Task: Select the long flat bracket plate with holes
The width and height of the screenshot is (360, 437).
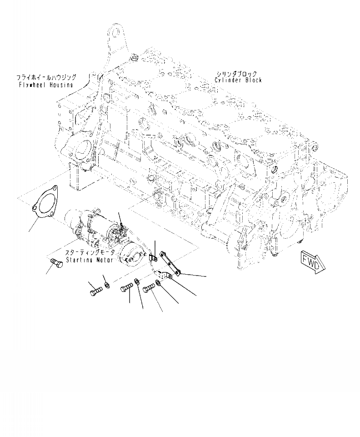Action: point(169,266)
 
